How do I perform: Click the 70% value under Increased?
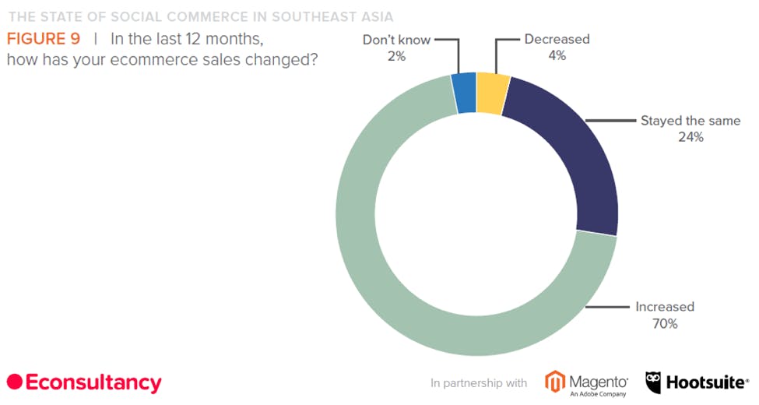point(666,323)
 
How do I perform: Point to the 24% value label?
point(690,137)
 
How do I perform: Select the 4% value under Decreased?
point(557,55)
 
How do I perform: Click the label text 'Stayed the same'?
point(690,121)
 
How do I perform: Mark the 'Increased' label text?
point(665,306)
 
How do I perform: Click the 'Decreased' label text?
point(557,39)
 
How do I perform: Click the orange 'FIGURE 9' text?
point(44,39)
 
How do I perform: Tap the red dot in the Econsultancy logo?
point(14,382)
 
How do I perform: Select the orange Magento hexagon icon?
point(555,382)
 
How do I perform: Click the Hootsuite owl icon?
point(655,382)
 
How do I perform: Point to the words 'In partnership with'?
point(479,383)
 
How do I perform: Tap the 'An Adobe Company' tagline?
point(599,394)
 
